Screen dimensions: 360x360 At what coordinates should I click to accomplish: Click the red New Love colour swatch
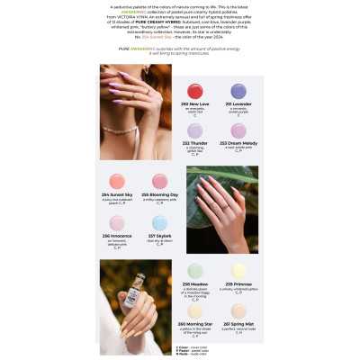(194, 91)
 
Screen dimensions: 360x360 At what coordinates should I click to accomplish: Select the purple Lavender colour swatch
(238, 91)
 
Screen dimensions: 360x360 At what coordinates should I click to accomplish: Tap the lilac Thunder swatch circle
(194, 130)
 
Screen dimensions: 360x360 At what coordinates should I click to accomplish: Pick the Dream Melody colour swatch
(238, 130)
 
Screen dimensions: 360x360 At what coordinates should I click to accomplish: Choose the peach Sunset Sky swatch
(117, 181)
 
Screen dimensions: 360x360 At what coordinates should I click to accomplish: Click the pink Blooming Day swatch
(160, 181)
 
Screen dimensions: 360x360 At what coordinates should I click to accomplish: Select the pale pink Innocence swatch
(117, 222)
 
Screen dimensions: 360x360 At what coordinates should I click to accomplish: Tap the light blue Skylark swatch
(160, 222)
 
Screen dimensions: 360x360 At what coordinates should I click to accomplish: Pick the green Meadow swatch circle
(195, 270)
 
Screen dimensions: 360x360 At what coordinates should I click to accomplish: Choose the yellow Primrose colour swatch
(238, 270)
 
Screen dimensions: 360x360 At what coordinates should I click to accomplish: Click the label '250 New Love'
(194, 105)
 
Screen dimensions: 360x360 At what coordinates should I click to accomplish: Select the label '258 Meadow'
(195, 283)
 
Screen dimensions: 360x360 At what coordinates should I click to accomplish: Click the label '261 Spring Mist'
(238, 324)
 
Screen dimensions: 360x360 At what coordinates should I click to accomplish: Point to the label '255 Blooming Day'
(160, 195)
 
